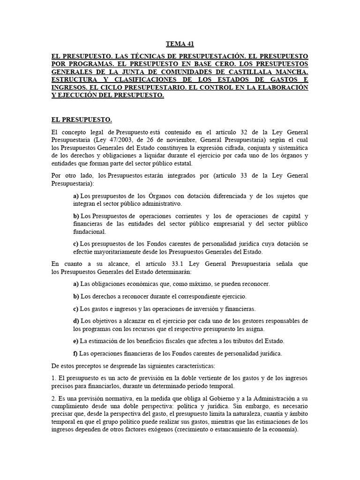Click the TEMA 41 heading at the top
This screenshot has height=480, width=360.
click(180, 45)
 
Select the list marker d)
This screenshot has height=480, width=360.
click(76, 321)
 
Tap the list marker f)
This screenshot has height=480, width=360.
click(75, 353)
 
